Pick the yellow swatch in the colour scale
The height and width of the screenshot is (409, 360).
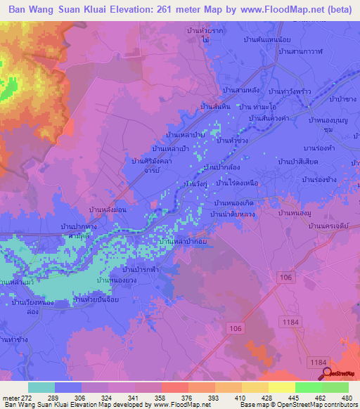tap(281, 387)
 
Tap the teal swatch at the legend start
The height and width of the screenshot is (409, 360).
tap(41, 387)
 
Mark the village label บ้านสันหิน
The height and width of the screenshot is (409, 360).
tap(214, 105)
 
